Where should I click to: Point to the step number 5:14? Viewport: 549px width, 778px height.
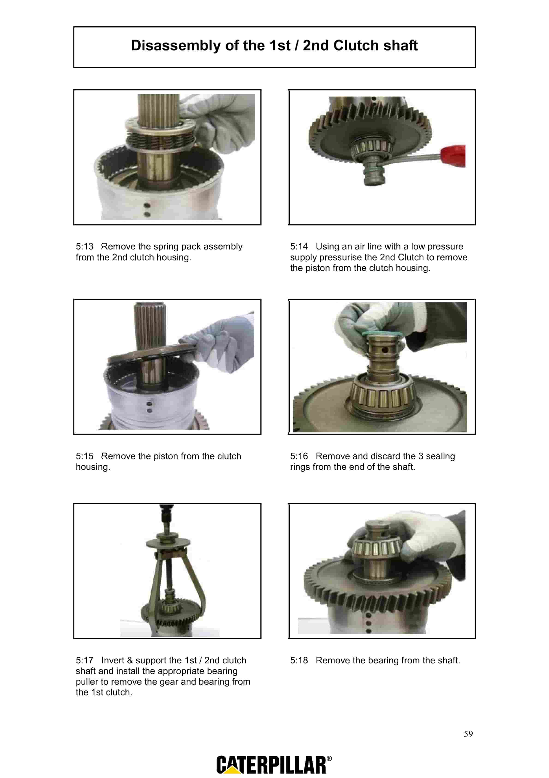[299, 246]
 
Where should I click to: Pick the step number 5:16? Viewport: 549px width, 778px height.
[299, 456]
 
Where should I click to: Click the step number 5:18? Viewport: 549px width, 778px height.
[299, 660]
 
